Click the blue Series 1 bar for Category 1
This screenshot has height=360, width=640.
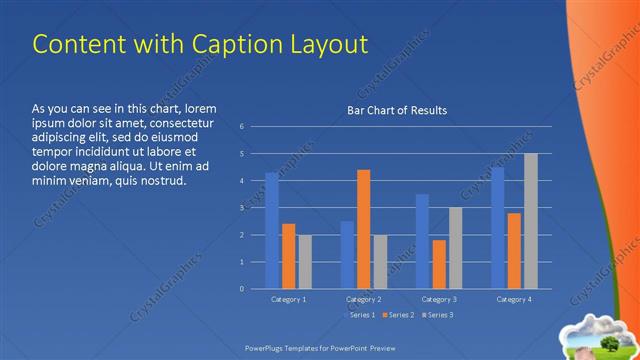point(272,230)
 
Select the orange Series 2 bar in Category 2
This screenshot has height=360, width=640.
point(363,229)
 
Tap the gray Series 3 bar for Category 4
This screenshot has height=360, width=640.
point(530,221)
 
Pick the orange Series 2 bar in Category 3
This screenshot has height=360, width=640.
point(439,264)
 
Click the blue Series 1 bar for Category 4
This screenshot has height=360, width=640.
point(498,227)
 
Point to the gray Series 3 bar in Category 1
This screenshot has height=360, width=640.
point(305,261)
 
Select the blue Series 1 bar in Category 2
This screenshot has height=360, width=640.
point(347,254)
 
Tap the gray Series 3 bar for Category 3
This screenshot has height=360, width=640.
point(455,247)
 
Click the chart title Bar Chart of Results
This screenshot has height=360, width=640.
point(397,110)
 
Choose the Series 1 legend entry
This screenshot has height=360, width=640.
point(361,315)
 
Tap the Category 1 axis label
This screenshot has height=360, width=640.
point(289,299)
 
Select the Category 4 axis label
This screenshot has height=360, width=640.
point(514,299)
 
